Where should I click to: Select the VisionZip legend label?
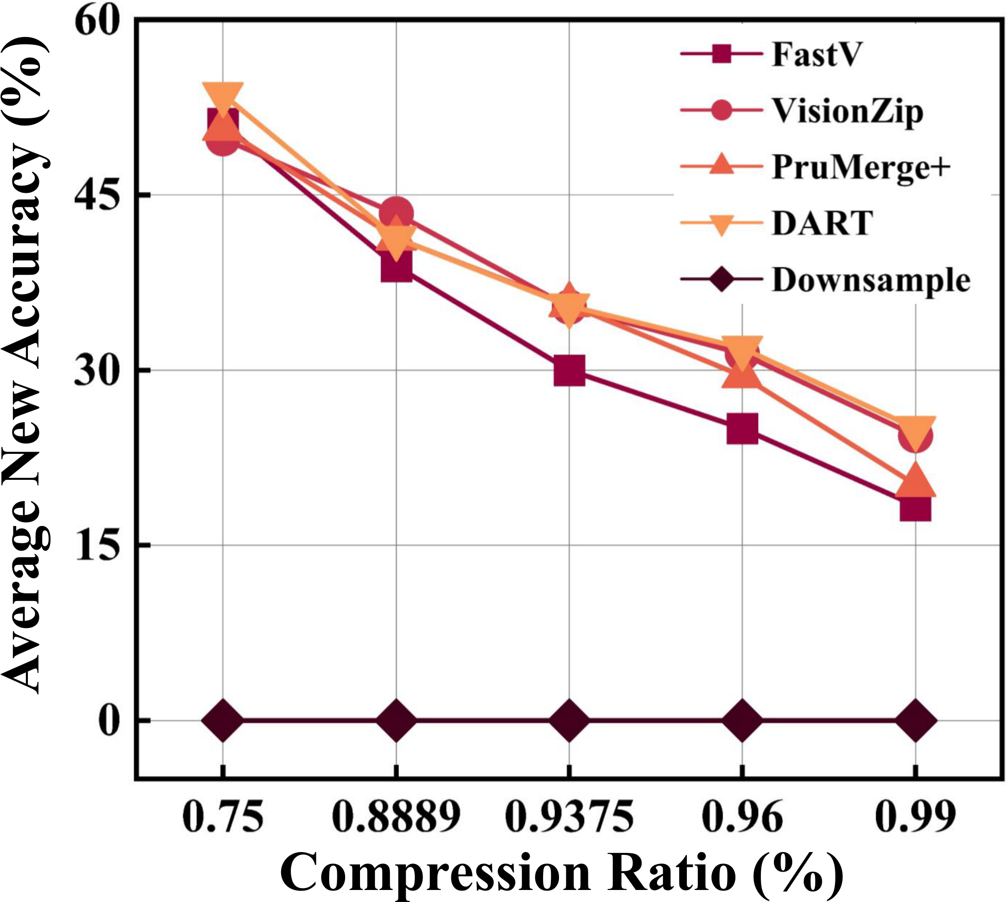click(x=847, y=111)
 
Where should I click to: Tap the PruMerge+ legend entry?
click(x=861, y=167)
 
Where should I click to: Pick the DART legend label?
click(x=823, y=224)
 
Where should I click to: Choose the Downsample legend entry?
click(x=871, y=280)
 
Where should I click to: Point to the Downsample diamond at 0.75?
click(x=223, y=720)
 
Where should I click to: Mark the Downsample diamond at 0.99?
click(x=915, y=720)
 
